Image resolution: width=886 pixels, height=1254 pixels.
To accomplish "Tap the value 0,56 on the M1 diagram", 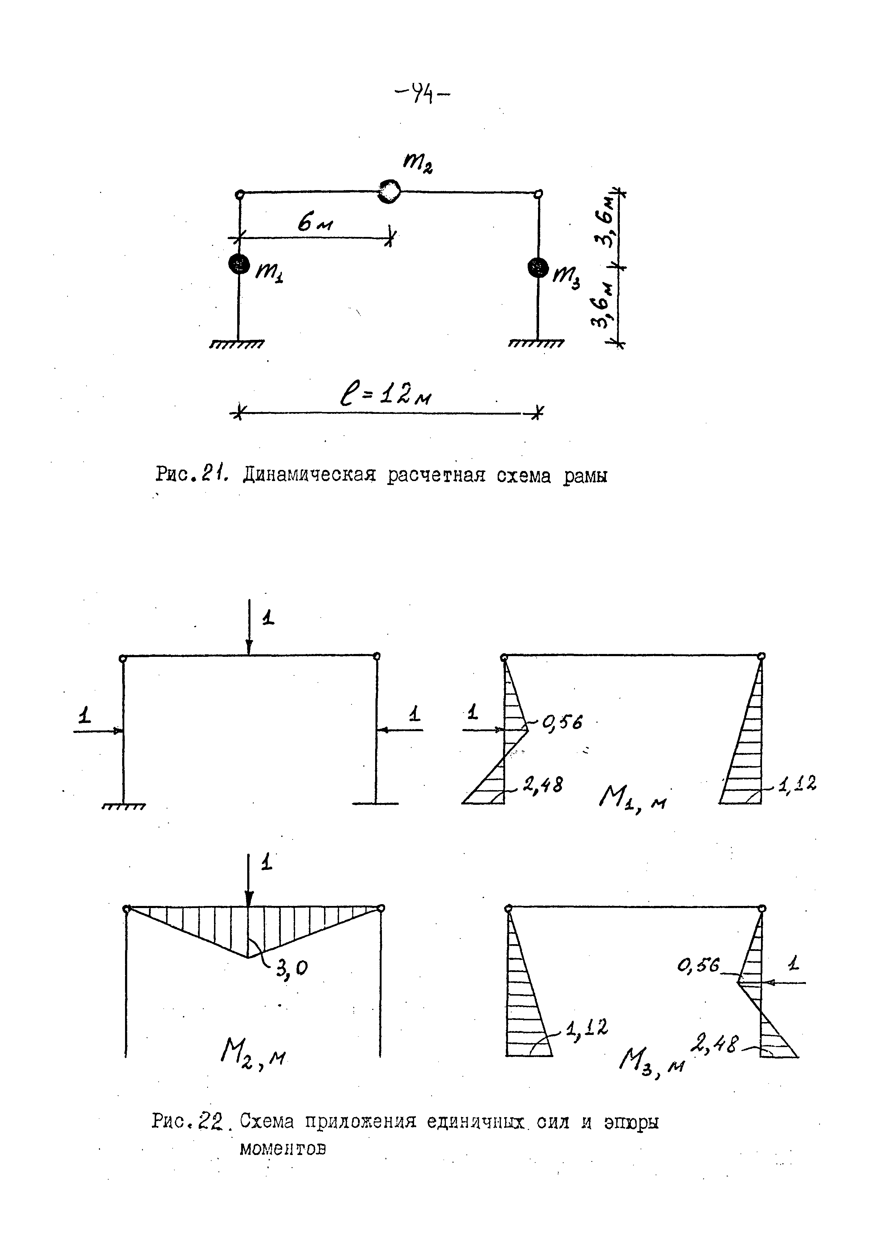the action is (x=562, y=723).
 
